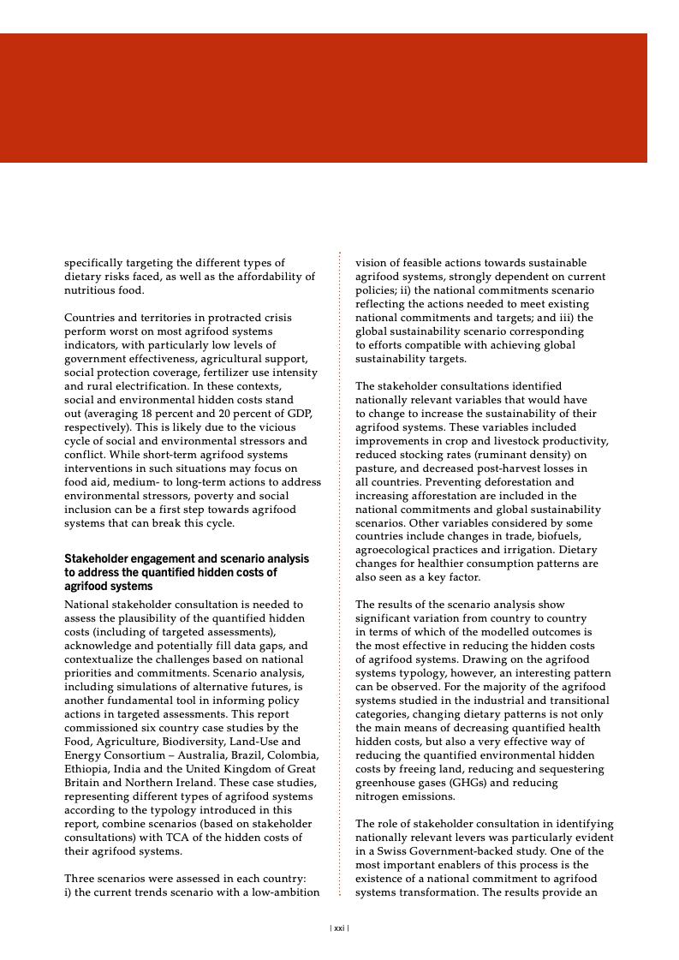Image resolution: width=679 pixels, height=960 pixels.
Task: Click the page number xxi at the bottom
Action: click(x=339, y=927)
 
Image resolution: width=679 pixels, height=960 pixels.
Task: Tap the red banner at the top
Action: click(x=323, y=98)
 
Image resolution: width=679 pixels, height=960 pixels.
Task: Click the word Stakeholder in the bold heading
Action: click(x=92, y=558)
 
